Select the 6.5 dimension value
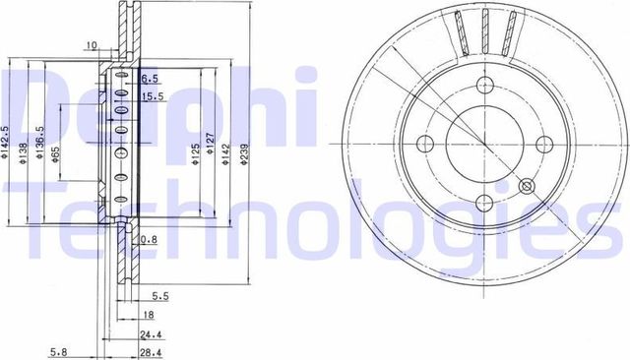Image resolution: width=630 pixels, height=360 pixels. [x=150, y=77]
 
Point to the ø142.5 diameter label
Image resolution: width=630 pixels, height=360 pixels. [x=8, y=141]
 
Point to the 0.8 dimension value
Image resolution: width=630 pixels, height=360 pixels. [x=148, y=240]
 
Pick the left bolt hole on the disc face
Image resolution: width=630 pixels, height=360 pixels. [x=427, y=145]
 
